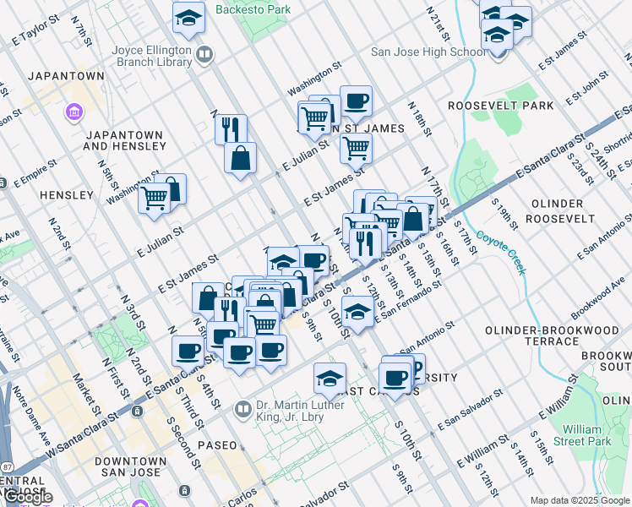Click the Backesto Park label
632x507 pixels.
click(253, 10)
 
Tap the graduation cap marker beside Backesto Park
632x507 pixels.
click(189, 17)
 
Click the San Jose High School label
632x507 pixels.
click(428, 52)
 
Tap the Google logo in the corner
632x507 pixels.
click(26, 498)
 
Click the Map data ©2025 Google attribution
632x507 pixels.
click(580, 500)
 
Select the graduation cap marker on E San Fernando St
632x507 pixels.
click(357, 313)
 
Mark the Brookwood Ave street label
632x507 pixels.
click(597, 299)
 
